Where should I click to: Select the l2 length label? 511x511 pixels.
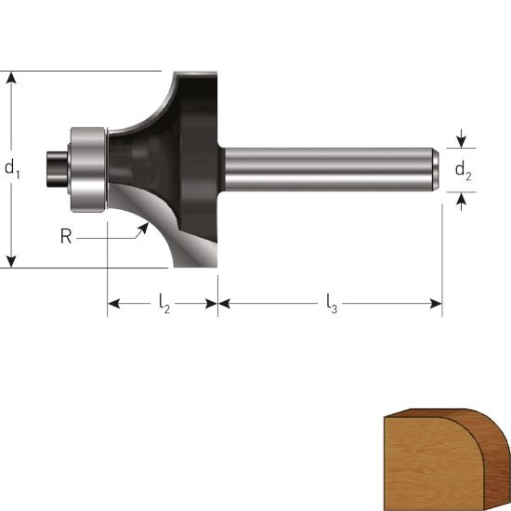point(164,304)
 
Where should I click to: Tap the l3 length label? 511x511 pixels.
point(332,304)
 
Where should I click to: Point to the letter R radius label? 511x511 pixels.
point(66,236)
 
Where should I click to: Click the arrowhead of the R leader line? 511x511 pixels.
point(144,229)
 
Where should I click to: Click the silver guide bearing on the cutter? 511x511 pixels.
point(88,170)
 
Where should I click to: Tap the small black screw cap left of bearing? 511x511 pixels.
point(57,169)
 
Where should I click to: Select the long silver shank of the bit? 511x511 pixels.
point(329,169)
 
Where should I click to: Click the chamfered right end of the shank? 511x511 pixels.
point(436,169)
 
